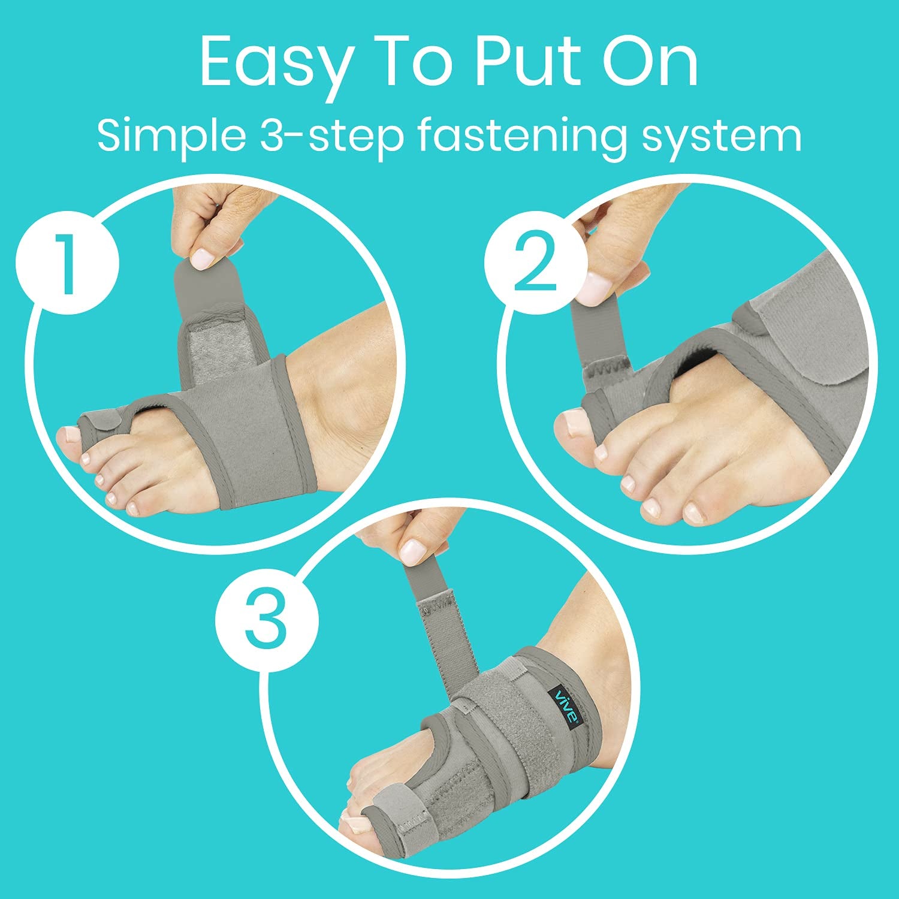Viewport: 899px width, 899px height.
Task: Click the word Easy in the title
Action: pos(274,63)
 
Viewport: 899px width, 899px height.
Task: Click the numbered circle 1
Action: pos(67,264)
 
